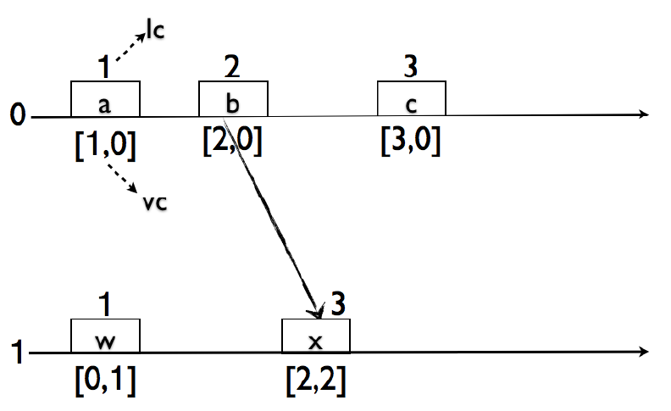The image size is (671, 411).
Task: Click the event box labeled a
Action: (105, 99)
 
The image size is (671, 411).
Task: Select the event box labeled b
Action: (233, 99)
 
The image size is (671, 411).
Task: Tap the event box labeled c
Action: (412, 99)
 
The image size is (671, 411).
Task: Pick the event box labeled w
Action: (105, 336)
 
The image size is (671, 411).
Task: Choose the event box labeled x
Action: (315, 336)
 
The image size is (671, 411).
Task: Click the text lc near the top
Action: (154, 31)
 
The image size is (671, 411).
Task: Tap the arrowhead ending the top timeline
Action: (646, 115)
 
